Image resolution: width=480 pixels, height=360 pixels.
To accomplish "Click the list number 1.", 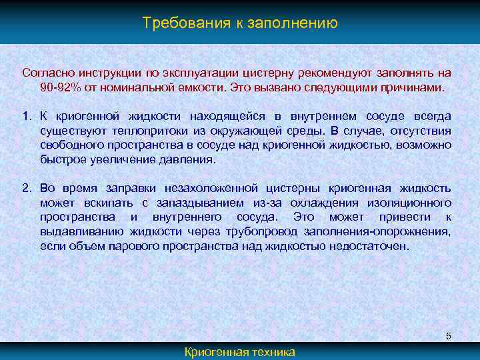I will [26, 116].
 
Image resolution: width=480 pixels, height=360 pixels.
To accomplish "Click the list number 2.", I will [26, 188].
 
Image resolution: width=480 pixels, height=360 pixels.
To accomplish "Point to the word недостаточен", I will [371, 246].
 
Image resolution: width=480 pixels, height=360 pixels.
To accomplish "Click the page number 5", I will [449, 335].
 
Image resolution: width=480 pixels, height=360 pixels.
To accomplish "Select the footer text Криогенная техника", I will [239, 352].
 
